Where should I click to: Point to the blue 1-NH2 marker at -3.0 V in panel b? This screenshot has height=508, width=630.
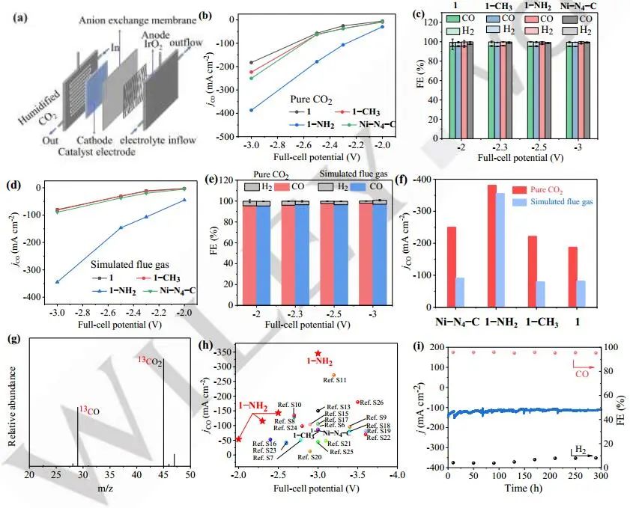pyautogui.click(x=251, y=110)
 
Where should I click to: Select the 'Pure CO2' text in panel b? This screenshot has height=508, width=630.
pyautogui.click(x=313, y=98)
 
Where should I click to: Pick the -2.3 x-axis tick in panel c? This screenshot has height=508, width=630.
pyautogui.click(x=497, y=145)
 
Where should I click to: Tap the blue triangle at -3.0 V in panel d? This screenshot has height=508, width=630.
pyautogui.click(x=56, y=281)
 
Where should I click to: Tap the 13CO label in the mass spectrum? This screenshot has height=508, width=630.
pyautogui.click(x=87, y=410)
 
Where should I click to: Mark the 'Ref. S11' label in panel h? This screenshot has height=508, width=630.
pyautogui.click(x=334, y=380)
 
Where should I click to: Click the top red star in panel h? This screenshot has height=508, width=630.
pyautogui.click(x=318, y=353)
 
